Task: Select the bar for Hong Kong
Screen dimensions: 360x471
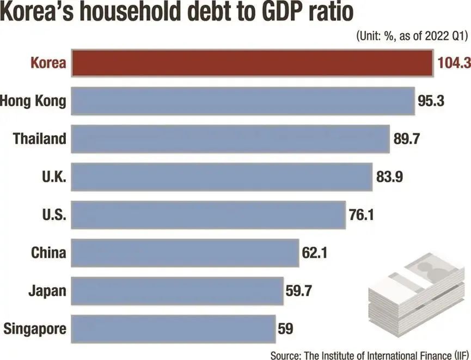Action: [x=243, y=101]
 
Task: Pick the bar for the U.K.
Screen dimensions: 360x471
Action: [x=222, y=176]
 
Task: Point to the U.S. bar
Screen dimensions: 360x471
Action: [x=209, y=215]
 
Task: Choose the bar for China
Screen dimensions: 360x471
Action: [x=185, y=253]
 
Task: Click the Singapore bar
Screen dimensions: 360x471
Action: [x=173, y=328]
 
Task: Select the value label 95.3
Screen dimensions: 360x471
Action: [x=433, y=101]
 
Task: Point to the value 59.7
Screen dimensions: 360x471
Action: [x=298, y=291]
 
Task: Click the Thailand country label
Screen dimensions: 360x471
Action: [x=39, y=138]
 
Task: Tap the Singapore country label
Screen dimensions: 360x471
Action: [x=35, y=328]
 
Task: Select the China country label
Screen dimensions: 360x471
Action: [x=49, y=253]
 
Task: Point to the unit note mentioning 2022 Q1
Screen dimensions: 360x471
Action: [x=412, y=36]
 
